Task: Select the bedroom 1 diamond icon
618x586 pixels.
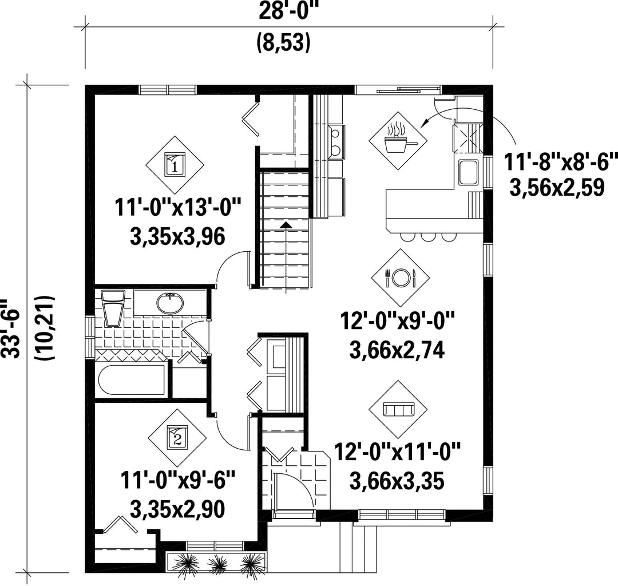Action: pyautogui.click(x=175, y=165)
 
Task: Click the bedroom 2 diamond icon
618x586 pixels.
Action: pyautogui.click(x=177, y=437)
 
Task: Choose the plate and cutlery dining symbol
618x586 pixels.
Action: pyautogui.click(x=401, y=278)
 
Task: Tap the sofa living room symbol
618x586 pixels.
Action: pyautogui.click(x=398, y=410)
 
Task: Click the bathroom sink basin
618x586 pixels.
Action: pyautogui.click(x=170, y=303)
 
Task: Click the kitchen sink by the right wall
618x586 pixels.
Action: pyautogui.click(x=468, y=173)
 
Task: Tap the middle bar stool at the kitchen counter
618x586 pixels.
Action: pyautogui.click(x=427, y=236)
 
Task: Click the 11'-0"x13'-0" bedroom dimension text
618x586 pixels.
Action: pyautogui.click(x=178, y=208)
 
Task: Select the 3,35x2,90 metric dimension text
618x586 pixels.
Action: pyautogui.click(x=177, y=509)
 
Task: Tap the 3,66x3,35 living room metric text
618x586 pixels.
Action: pyautogui.click(x=397, y=481)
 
